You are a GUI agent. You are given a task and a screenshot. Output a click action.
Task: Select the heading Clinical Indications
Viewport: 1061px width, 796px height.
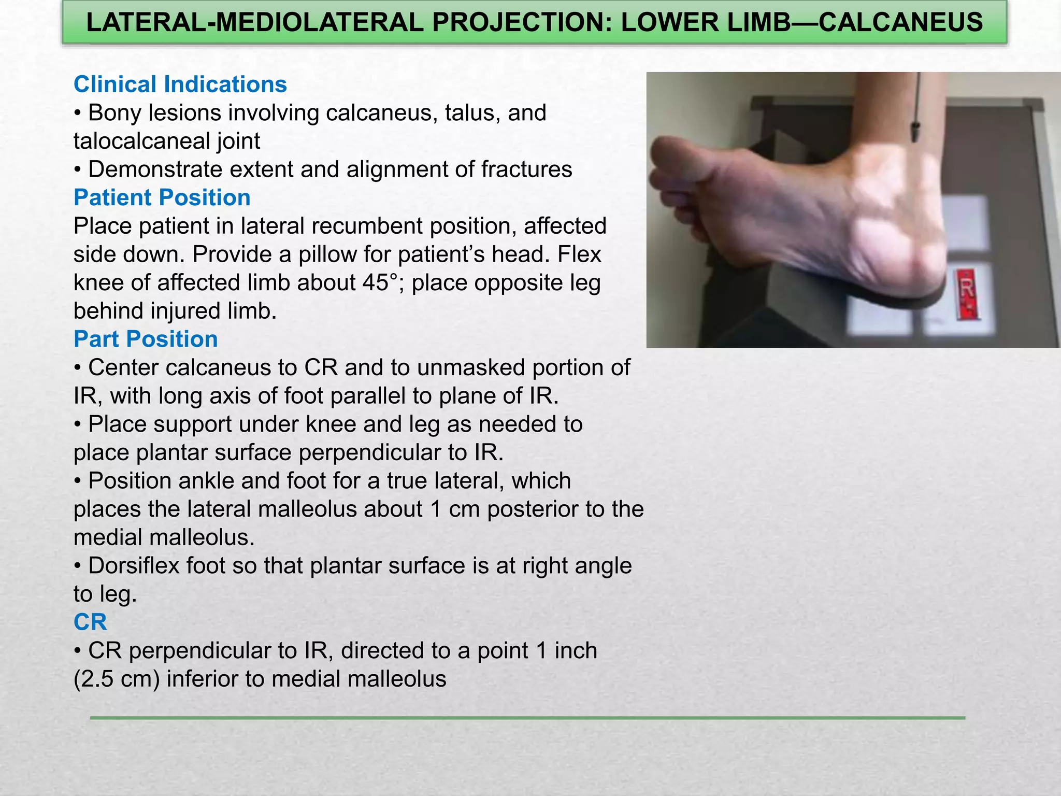pyautogui.click(x=180, y=84)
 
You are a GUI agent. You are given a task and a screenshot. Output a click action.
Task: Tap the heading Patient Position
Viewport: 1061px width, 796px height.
pyautogui.click(x=162, y=197)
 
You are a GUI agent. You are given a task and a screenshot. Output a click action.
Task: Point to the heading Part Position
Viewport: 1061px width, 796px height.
pyautogui.click(x=146, y=339)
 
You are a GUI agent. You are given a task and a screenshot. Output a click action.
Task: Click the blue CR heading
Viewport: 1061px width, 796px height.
pyautogui.click(x=90, y=622)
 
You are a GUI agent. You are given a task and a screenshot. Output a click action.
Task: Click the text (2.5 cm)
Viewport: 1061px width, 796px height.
pyautogui.click(x=117, y=679)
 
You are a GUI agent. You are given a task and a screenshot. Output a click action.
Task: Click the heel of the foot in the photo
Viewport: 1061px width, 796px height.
pyautogui.click(x=912, y=259)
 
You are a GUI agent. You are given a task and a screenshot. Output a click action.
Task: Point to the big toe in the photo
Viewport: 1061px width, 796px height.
pyautogui.click(x=673, y=155)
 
